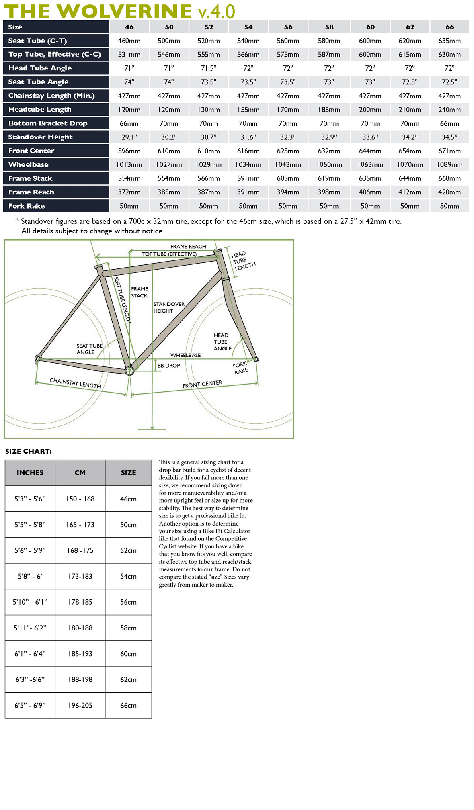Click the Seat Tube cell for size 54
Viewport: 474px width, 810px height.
point(248,41)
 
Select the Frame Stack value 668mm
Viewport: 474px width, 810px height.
point(449,178)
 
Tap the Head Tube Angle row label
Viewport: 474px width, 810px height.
point(40,68)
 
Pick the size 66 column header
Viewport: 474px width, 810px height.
point(449,27)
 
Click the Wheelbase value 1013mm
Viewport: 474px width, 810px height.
point(129,165)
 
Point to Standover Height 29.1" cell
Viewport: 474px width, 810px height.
point(129,137)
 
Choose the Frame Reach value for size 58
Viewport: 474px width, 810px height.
point(329,192)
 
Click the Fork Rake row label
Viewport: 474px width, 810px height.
point(27,206)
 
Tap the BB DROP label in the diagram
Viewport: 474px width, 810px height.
point(168,366)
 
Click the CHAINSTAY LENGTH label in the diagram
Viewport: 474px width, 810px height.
point(75,383)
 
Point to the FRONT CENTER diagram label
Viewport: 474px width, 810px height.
point(202,384)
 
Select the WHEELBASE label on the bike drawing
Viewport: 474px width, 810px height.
point(185,355)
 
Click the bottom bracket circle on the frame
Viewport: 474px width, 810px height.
point(129,371)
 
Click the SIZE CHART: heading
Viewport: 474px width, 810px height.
point(29,451)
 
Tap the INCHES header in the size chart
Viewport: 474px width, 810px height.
point(30,472)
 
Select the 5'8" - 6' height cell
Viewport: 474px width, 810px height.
point(30,576)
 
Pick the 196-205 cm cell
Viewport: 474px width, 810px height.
point(80,705)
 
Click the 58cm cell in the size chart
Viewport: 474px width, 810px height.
point(128,628)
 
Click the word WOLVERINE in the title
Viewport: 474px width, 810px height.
point(127,11)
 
